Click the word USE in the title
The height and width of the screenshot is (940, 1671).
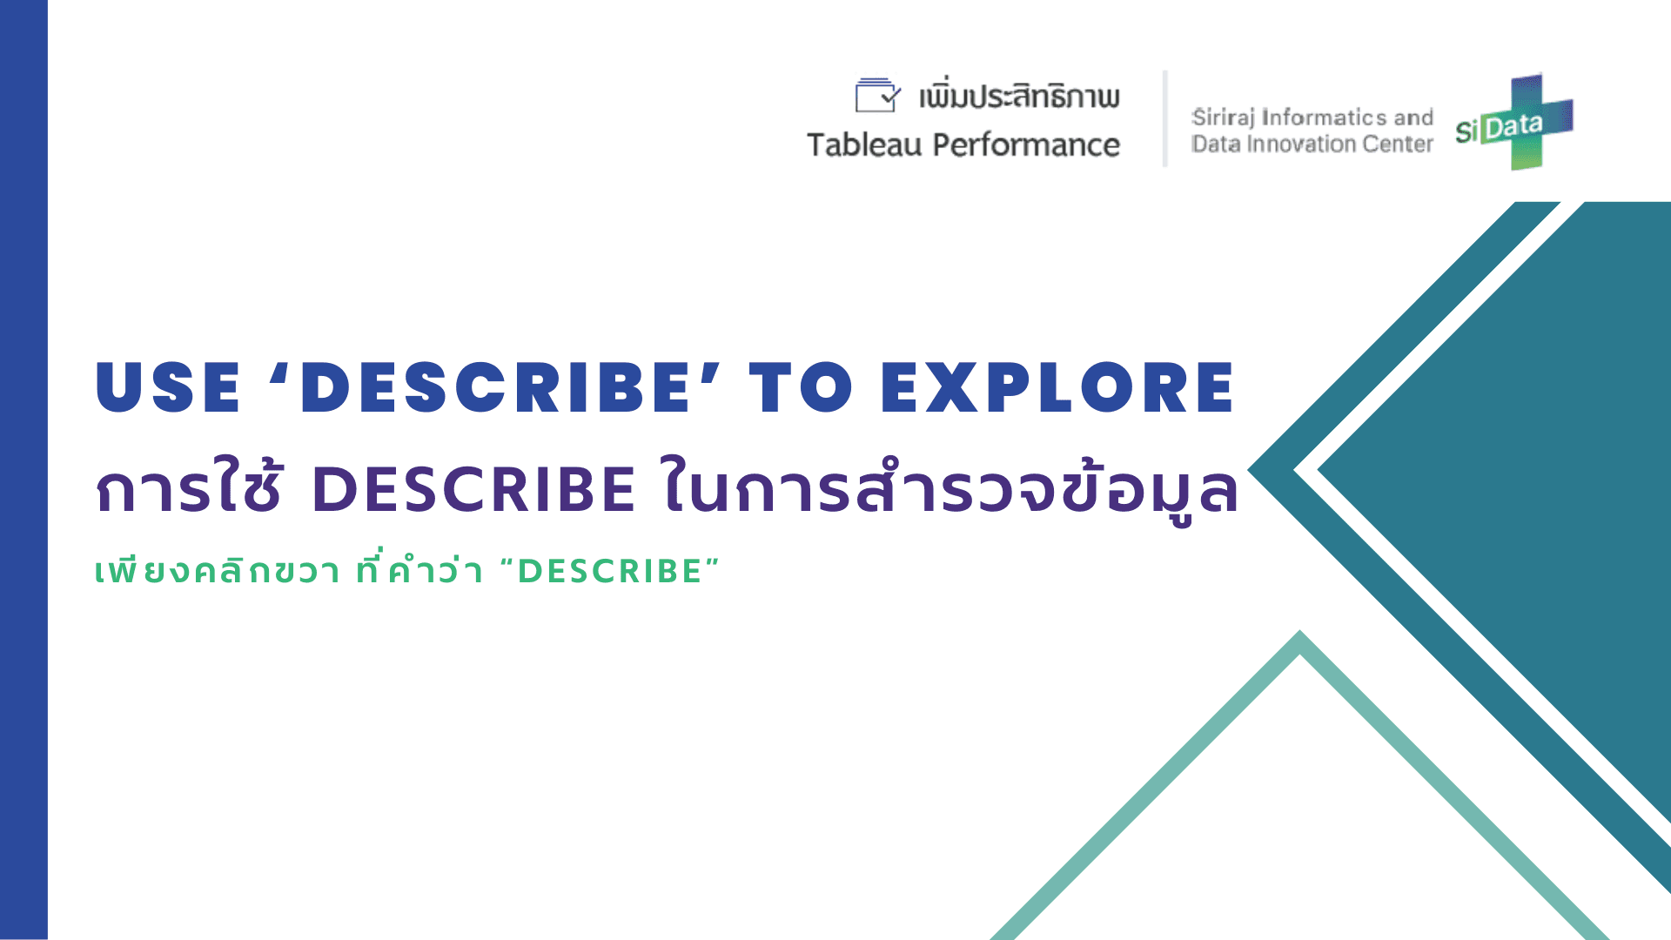pyautogui.click(x=167, y=387)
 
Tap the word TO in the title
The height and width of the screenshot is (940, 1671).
pyautogui.click(x=802, y=387)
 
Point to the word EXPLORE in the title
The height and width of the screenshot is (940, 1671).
pyautogui.click(x=1057, y=387)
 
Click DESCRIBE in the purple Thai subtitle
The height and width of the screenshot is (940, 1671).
pyautogui.click(x=473, y=488)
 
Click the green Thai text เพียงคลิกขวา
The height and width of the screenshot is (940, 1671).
pyautogui.click(x=218, y=571)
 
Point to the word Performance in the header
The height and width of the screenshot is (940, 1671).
pyautogui.click(x=1026, y=144)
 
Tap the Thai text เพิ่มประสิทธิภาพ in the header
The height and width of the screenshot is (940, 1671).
pyautogui.click(x=1019, y=95)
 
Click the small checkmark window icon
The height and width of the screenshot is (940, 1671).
pyautogui.click(x=877, y=95)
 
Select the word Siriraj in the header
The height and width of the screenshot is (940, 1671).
pyautogui.click(x=1223, y=117)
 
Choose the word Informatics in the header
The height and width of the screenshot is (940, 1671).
pyautogui.click(x=1324, y=117)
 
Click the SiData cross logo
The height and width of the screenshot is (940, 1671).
pyautogui.click(x=1514, y=122)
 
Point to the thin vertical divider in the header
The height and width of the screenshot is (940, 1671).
pyautogui.click(x=1164, y=118)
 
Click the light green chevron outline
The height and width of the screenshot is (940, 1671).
pyautogui.click(x=1300, y=644)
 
